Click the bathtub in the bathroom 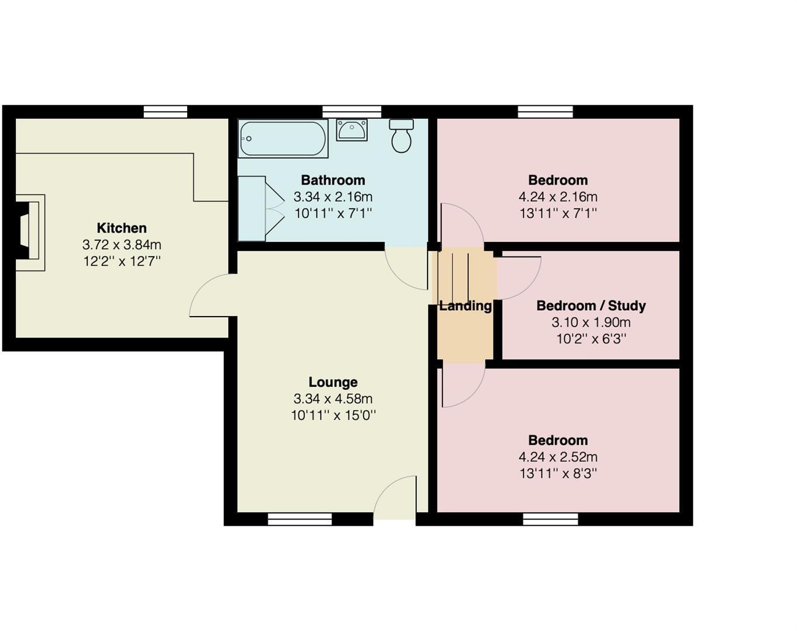click(283, 139)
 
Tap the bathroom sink click(351, 130)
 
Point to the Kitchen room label click(122, 228)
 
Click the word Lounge click(333, 382)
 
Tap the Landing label click(465, 306)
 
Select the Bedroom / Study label click(591, 306)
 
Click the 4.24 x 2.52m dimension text click(558, 457)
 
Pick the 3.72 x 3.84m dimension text click(122, 245)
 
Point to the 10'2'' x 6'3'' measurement click(591, 339)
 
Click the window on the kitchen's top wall click(165, 112)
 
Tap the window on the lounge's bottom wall click(300, 519)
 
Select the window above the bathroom click(351, 112)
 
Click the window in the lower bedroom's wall click(550, 519)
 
